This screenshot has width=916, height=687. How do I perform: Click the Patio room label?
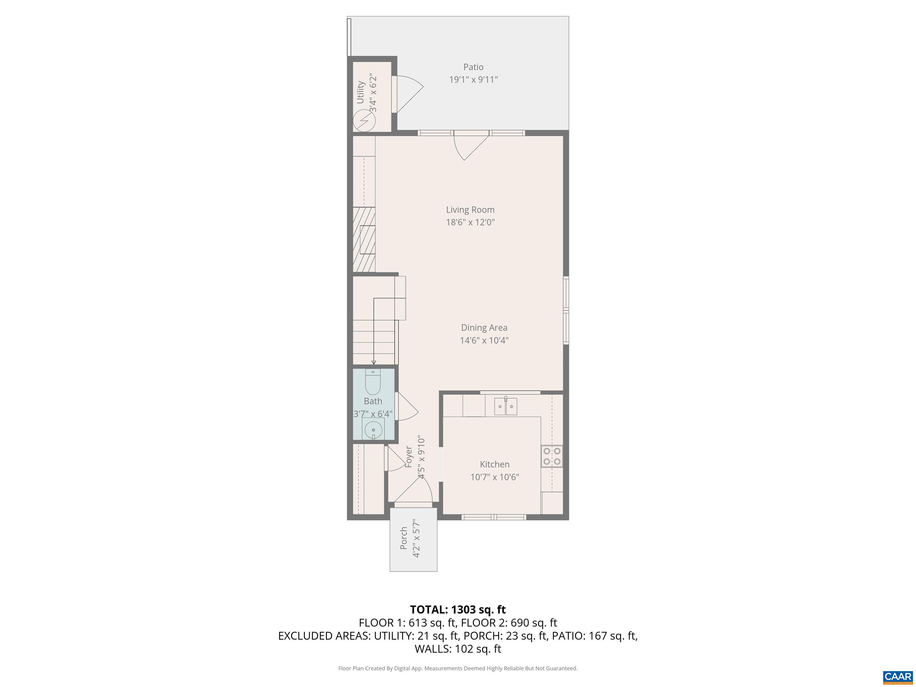pos(473,67)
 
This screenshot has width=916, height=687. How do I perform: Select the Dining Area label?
pos(484,328)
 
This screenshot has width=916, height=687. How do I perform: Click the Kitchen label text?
pos(494,464)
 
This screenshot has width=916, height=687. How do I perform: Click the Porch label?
pos(404,538)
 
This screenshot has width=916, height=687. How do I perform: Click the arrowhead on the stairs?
pos(374,362)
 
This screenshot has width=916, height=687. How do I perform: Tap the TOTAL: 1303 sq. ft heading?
pos(458,609)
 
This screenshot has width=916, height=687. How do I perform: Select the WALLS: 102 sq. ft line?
pos(458,649)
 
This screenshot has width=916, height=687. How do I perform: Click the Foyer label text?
pos(409,457)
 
